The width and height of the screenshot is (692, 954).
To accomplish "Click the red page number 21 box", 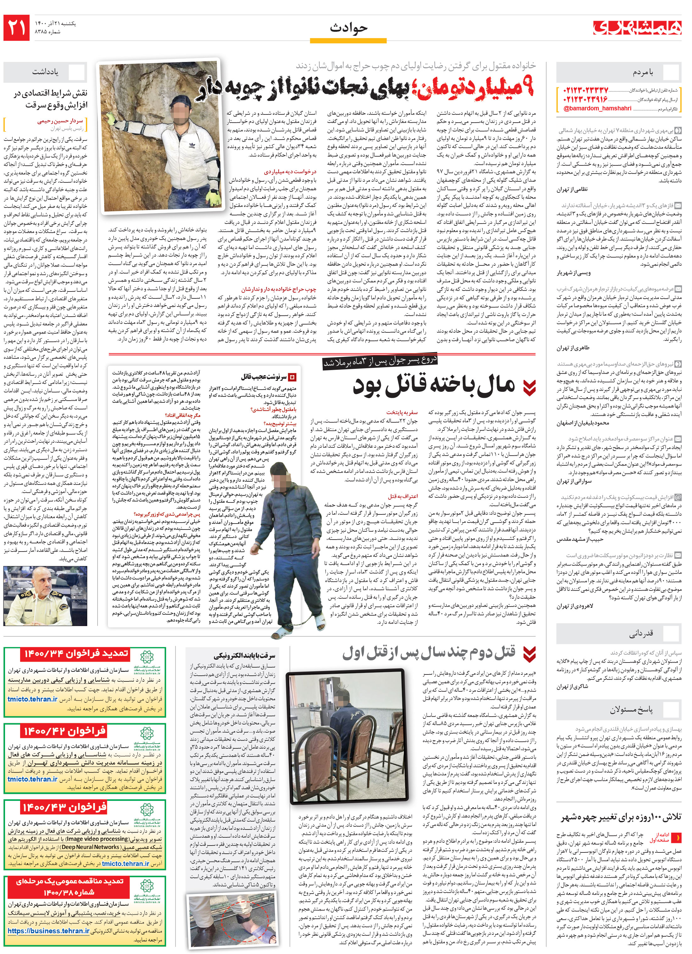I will (x=17, y=28).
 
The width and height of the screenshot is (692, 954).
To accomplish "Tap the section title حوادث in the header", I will (x=349, y=28).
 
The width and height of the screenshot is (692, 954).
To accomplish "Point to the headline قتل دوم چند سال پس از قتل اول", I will (x=429, y=653).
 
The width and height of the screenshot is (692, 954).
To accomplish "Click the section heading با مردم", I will (x=643, y=73).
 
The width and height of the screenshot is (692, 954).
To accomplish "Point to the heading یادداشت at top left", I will (x=45, y=72).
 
